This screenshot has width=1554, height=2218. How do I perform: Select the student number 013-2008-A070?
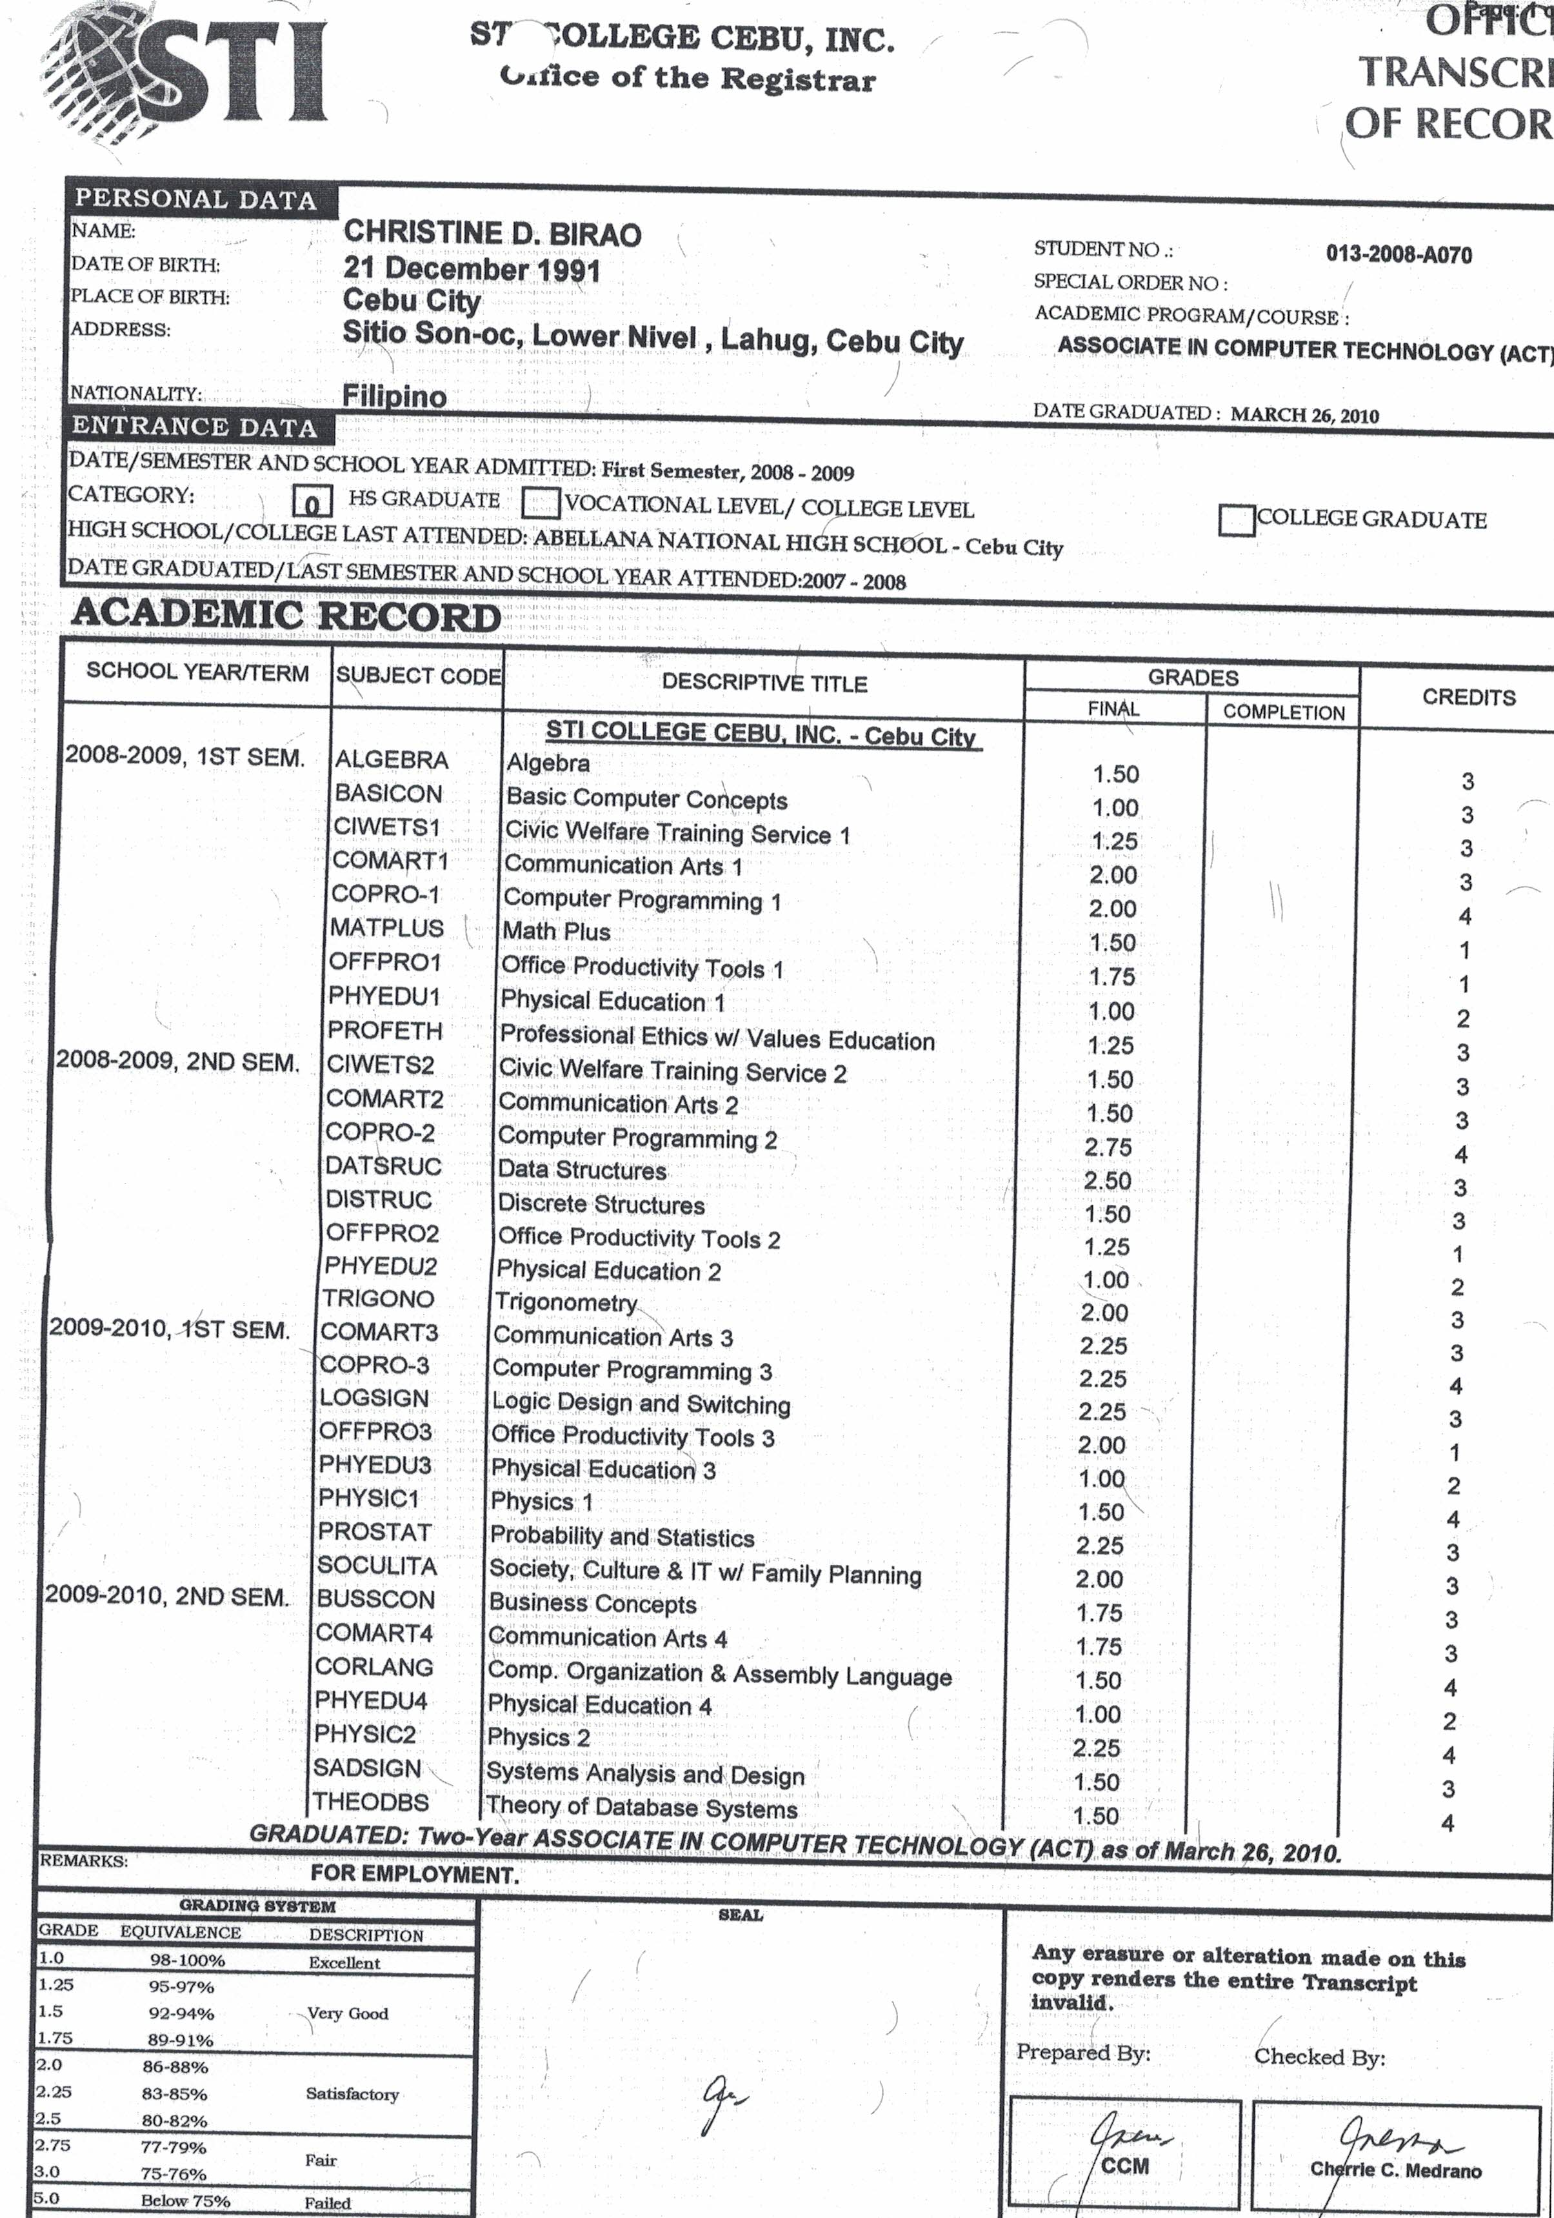point(1399,255)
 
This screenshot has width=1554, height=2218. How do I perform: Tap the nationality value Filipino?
point(394,396)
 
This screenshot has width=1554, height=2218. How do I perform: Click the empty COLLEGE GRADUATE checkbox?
point(1236,519)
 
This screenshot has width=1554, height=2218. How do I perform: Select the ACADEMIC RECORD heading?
point(286,616)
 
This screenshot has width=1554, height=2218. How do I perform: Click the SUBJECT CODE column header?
point(417,675)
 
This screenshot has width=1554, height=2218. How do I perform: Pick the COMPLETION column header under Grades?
point(1284,712)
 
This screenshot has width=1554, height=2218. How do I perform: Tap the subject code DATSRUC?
point(383,1166)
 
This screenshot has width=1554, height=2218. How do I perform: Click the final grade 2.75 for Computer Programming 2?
point(1108,1147)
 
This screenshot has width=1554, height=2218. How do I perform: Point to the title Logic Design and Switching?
point(641,1403)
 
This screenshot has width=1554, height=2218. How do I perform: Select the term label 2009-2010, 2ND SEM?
point(167,1597)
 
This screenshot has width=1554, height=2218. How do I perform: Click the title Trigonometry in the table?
point(565,1302)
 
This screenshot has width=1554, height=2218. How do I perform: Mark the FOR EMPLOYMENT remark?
point(414,1874)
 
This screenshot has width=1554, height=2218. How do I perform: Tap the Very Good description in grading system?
point(348,2014)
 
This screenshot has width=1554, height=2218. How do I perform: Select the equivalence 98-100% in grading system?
point(186,1960)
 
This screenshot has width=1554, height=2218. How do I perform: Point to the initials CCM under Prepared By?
point(1125,2166)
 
